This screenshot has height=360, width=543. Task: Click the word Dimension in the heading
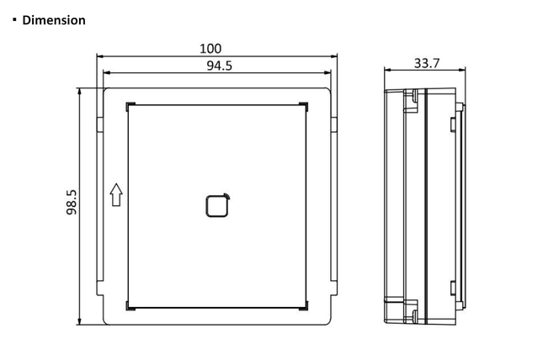coord(54,19)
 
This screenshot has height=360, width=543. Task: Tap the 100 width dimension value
coord(216,50)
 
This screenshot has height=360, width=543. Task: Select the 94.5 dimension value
coord(216,66)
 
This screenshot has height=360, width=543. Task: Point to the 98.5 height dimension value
coord(72,204)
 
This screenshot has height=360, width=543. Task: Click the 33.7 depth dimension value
coord(427,63)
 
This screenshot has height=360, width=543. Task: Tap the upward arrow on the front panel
coord(115,195)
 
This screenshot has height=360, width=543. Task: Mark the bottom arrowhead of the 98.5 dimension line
coord(80,320)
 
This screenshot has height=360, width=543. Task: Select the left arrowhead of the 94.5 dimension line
coord(101,74)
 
